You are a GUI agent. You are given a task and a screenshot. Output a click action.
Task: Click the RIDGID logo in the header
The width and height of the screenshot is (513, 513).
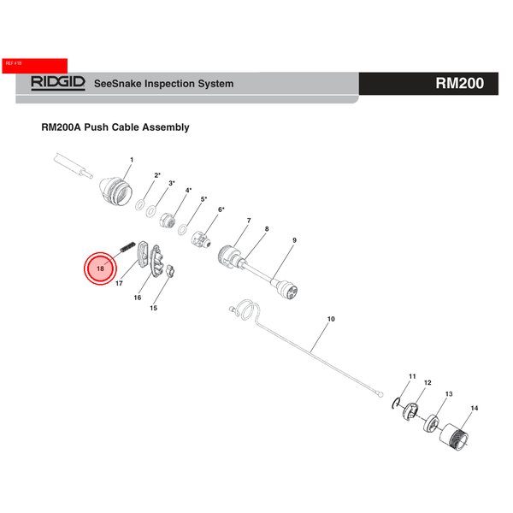(58, 84)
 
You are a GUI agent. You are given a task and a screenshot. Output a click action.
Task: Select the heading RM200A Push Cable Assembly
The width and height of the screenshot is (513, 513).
(115, 127)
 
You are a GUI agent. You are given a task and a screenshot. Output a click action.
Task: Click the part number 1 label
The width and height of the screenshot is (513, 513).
(131, 160)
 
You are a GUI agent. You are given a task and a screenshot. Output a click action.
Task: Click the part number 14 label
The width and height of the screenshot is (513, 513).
(475, 409)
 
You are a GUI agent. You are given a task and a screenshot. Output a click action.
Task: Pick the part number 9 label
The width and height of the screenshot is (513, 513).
(293, 241)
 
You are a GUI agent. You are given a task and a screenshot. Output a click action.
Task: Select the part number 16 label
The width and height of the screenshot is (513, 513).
(137, 298)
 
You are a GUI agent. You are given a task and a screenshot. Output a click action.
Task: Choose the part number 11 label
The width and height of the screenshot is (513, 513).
(411, 376)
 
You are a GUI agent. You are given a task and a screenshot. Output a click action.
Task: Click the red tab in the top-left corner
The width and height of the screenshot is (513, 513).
(34, 64)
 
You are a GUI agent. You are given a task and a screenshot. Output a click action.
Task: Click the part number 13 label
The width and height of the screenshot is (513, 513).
(448, 394)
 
